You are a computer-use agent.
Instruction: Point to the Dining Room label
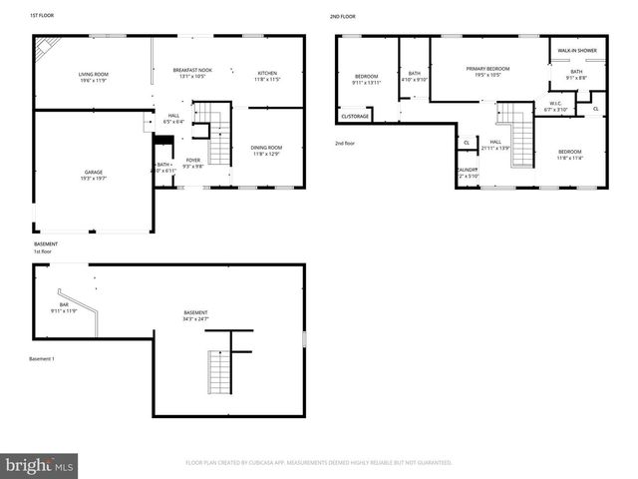[x=266, y=151]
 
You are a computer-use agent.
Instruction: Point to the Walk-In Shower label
[x=576, y=49]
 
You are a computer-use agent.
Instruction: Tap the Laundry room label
[x=467, y=173]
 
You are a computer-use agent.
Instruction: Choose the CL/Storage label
[x=355, y=116]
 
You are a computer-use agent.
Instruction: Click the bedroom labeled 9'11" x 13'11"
[x=367, y=80]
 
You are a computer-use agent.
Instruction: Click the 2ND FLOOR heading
[x=343, y=17]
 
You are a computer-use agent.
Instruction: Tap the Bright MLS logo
[x=40, y=465]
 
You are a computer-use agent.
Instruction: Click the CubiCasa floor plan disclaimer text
[x=319, y=462]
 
